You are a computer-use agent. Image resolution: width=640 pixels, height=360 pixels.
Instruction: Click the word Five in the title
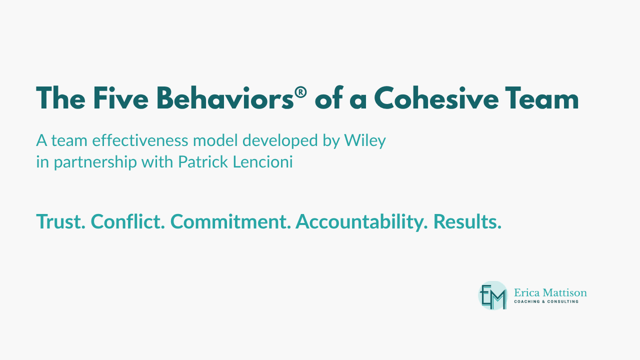[x=118, y=98]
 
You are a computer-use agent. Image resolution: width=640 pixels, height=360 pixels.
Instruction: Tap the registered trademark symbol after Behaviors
[x=299, y=92]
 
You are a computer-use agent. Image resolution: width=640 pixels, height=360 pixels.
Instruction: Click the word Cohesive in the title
[x=436, y=98]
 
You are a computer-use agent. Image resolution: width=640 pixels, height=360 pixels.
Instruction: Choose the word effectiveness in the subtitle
[x=133, y=141]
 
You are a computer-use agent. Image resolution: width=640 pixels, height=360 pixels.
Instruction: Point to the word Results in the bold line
[x=467, y=221]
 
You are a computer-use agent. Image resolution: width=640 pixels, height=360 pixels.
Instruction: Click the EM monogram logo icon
[x=492, y=295]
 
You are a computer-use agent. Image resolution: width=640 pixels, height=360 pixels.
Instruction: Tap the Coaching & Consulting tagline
[x=546, y=301]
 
